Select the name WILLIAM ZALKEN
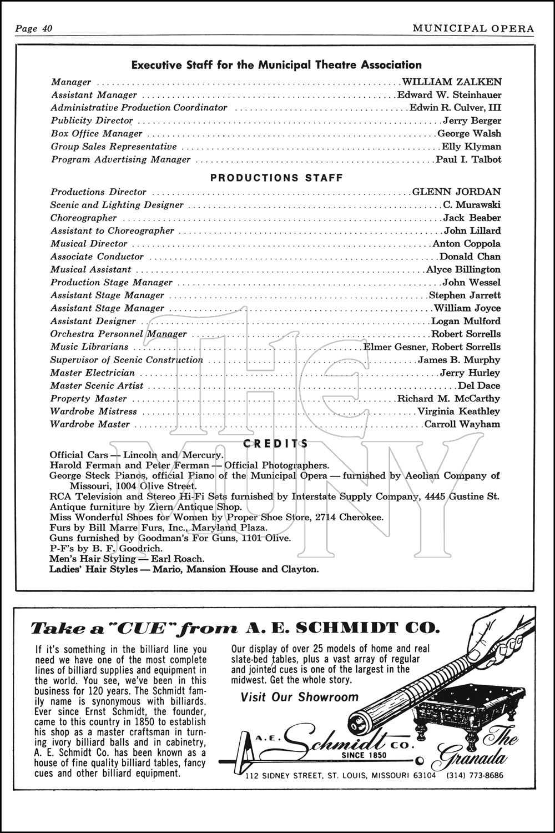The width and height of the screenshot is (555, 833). coord(451,82)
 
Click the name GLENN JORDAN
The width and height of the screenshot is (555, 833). coord(456,192)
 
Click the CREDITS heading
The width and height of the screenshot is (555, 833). coord(276,443)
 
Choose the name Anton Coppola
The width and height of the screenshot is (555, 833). coord(466,243)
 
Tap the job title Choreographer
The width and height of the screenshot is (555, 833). coord(84,218)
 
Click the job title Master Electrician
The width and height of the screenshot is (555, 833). coord(93,373)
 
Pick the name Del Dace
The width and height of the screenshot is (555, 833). coord(479,385)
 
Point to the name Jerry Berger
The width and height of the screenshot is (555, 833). coord(472,121)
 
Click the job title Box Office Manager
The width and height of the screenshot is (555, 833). coord(97,133)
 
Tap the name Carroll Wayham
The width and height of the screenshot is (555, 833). coord(462,424)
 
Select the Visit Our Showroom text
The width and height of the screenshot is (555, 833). coord(300,697)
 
